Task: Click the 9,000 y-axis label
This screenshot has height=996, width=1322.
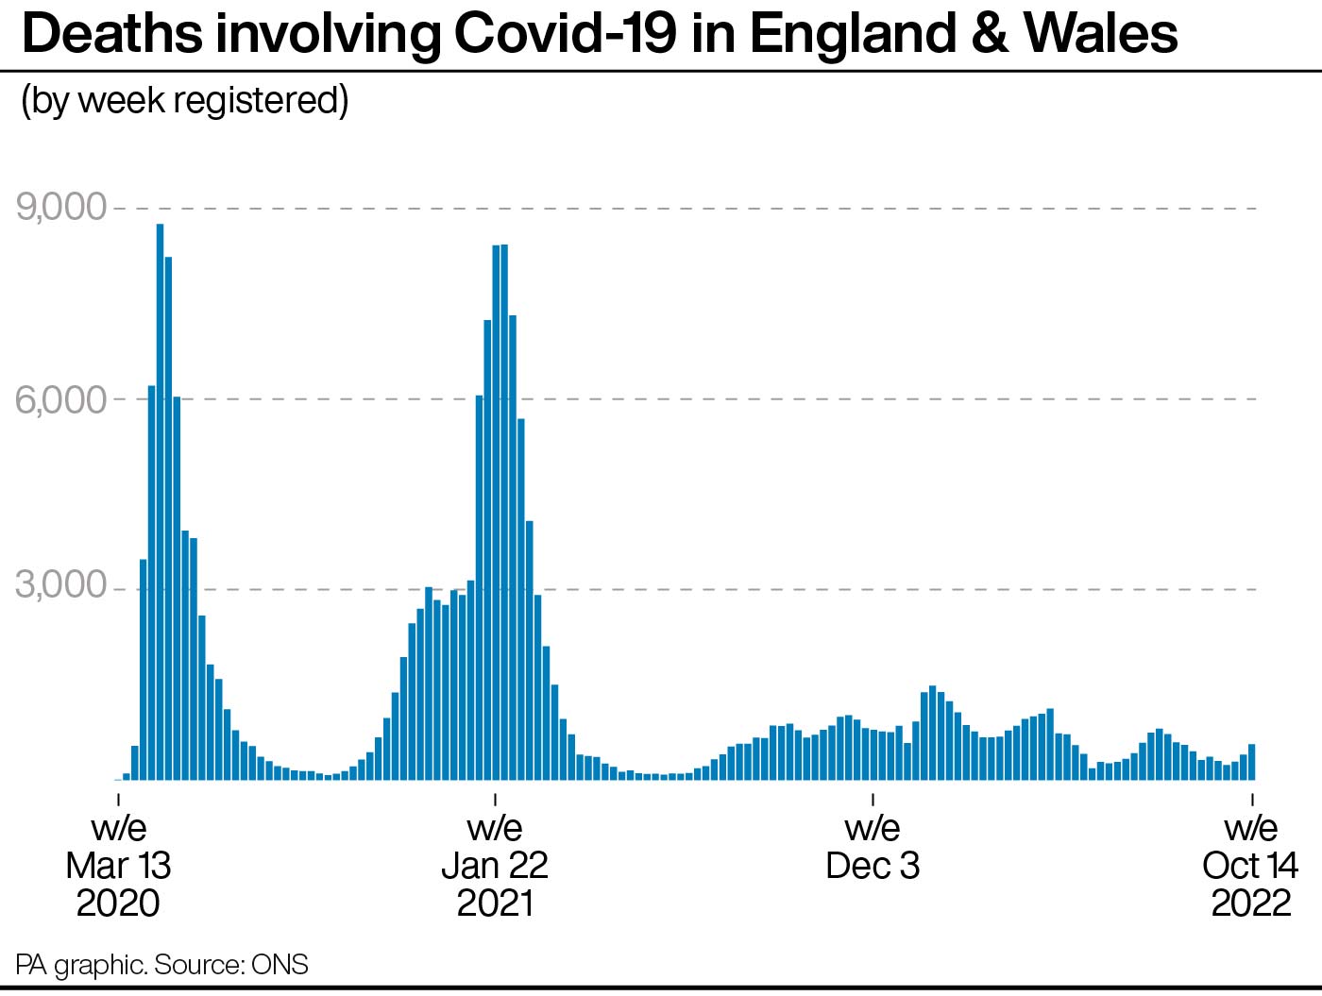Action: (x=60, y=207)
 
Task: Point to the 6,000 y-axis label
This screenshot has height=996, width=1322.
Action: (x=60, y=399)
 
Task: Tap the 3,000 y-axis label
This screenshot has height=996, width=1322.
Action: (x=60, y=583)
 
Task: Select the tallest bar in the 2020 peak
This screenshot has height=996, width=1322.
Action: (x=161, y=501)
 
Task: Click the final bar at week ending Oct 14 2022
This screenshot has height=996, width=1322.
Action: (x=1251, y=762)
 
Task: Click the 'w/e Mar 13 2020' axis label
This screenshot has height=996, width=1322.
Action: (x=118, y=866)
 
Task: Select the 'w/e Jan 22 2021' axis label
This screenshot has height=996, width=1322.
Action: (x=495, y=866)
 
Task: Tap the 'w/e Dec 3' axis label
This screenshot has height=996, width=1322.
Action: (x=873, y=847)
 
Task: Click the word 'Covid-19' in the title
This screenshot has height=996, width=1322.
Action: (x=565, y=34)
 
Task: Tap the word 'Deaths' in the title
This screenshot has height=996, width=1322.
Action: (x=112, y=34)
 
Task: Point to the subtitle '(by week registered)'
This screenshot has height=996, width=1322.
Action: (x=185, y=100)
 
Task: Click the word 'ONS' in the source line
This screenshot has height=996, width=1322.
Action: (x=280, y=964)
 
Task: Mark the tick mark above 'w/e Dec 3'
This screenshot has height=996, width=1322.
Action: (x=873, y=799)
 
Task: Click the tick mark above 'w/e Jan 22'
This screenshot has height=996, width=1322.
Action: (x=495, y=799)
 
